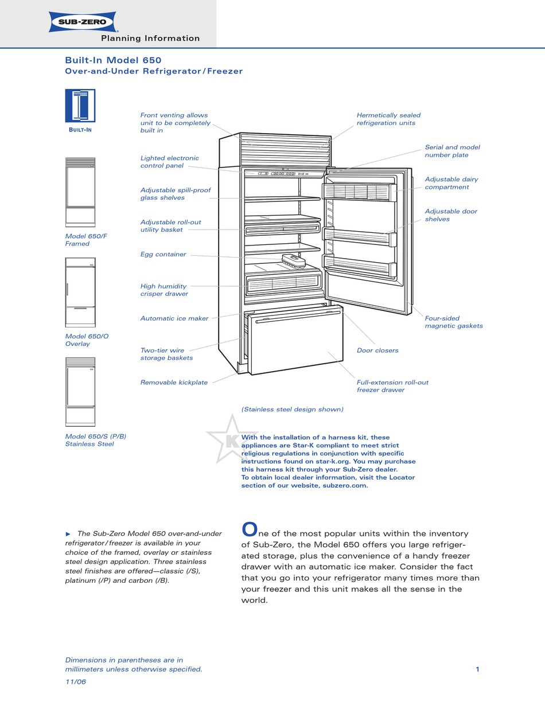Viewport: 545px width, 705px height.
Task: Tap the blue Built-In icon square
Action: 80,106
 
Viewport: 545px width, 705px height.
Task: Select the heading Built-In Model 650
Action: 113,60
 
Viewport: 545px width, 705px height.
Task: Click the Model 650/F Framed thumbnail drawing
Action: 80,192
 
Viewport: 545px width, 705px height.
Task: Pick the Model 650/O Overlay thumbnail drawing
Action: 80,292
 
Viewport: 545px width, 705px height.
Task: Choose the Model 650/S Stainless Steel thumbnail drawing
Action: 80,392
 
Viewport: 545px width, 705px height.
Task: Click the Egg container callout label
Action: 163,254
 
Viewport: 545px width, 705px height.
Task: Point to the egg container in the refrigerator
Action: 296,262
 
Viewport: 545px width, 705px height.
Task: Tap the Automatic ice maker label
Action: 174,318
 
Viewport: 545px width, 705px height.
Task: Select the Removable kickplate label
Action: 174,383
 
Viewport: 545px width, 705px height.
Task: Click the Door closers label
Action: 377,350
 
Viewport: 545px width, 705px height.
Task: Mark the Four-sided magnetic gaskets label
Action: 453,322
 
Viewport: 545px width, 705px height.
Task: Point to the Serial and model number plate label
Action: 452,151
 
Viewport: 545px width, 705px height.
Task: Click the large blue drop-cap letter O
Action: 248,528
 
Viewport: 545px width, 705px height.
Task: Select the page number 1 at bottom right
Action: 477,669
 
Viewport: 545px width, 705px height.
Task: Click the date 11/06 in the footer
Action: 75,682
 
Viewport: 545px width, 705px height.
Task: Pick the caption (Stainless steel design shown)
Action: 292,409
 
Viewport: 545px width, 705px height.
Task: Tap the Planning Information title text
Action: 150,38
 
